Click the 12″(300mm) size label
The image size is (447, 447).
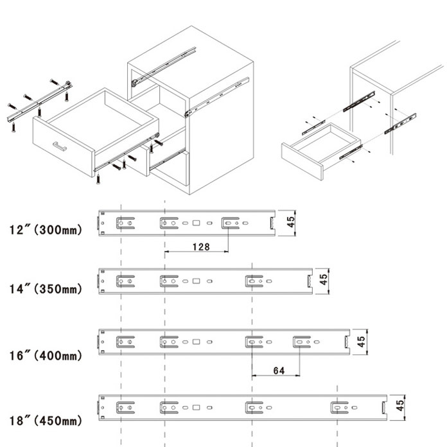(x=46, y=230)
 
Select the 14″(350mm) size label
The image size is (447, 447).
(x=46, y=289)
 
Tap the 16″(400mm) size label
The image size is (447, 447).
(x=46, y=355)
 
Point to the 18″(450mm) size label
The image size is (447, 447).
(x=46, y=421)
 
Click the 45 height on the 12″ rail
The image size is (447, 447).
(x=291, y=222)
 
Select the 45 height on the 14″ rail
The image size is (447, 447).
(x=324, y=280)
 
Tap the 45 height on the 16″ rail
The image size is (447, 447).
(x=362, y=340)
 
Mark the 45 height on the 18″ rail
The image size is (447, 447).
(x=399, y=405)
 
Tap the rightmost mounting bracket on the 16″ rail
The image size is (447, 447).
(x=302, y=342)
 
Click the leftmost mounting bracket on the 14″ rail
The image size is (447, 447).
(x=125, y=281)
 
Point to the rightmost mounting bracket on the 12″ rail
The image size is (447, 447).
(x=233, y=223)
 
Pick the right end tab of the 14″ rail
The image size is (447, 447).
(x=310, y=281)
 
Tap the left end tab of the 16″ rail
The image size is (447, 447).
(x=100, y=342)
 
